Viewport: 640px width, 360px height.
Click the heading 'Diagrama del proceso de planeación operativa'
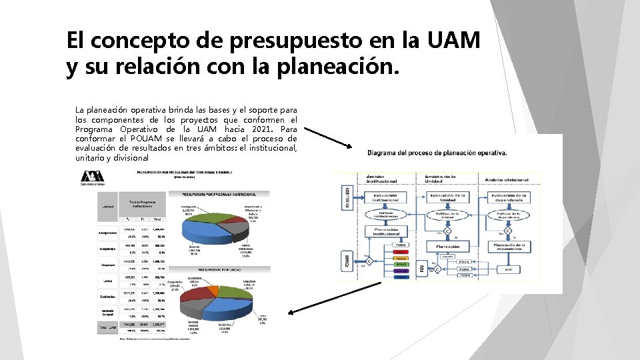(437, 153)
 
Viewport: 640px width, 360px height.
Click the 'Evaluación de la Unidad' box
(447, 197)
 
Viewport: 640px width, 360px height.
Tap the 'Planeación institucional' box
(385, 231)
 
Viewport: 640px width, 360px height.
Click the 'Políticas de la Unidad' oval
(447, 215)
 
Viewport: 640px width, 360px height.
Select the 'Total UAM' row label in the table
(108, 327)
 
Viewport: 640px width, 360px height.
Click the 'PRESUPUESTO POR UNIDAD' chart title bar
(226, 270)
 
